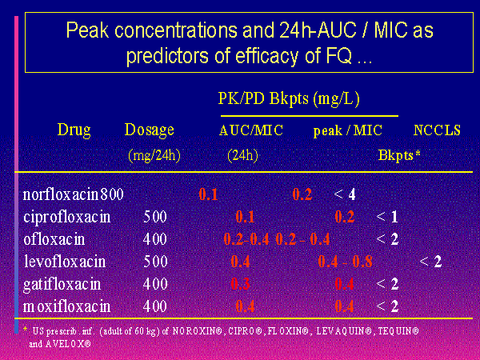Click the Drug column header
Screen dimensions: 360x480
point(74,130)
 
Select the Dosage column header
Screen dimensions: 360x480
point(150,130)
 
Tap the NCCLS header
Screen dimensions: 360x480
point(437,130)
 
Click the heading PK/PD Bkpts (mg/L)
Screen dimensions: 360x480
point(289,99)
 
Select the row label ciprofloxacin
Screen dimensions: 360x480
point(66,217)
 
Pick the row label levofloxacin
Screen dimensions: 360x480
point(63,261)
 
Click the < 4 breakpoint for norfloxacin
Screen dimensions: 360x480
point(345,194)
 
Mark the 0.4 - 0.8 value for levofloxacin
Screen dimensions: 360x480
point(344,261)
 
